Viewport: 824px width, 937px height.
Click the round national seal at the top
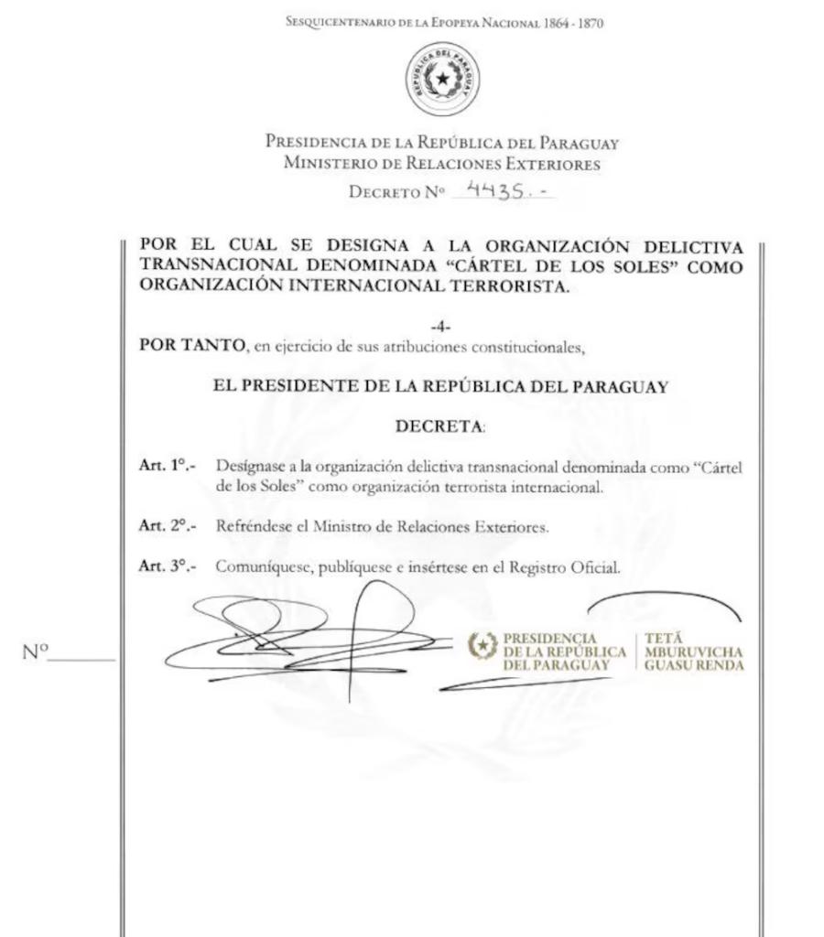point(443,81)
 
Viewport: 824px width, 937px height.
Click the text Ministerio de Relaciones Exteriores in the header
point(443,165)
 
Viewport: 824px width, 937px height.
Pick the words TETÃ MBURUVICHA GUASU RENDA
point(693,652)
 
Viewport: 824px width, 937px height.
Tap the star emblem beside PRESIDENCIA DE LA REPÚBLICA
point(482,645)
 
